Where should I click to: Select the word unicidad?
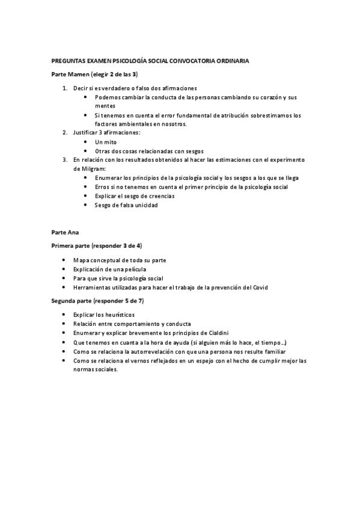[x=146, y=205]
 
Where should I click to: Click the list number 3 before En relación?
[x=65, y=160]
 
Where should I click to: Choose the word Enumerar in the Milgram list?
[x=109, y=178]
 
